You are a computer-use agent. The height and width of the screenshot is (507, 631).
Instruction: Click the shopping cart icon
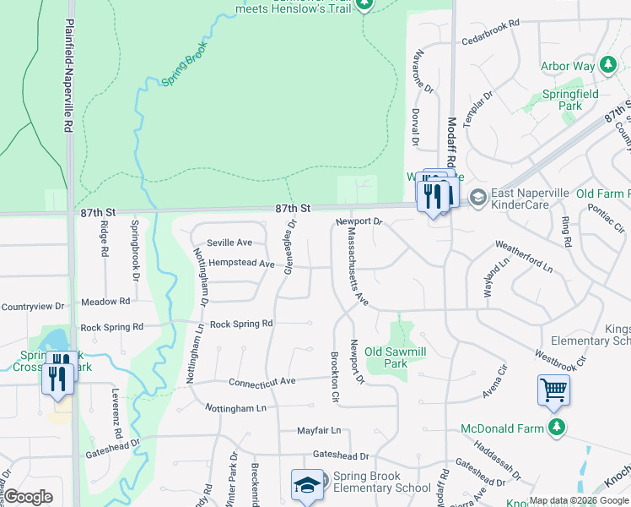tap(554, 390)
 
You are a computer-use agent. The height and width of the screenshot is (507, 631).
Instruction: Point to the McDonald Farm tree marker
tap(556, 428)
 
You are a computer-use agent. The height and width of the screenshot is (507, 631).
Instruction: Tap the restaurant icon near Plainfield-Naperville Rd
tap(58, 372)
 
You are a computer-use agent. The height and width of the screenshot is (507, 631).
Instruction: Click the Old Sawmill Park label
tap(386, 357)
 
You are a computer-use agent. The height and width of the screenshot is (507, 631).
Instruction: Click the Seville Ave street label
tap(229, 243)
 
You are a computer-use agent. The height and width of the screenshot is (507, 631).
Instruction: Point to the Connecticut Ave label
tap(262, 381)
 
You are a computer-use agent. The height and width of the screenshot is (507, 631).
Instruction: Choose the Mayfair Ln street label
tap(319, 430)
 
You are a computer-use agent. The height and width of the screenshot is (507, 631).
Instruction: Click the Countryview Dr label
tap(32, 306)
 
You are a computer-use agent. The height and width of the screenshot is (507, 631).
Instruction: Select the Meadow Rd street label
tap(105, 301)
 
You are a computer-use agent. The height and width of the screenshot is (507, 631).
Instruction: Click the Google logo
tap(29, 497)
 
